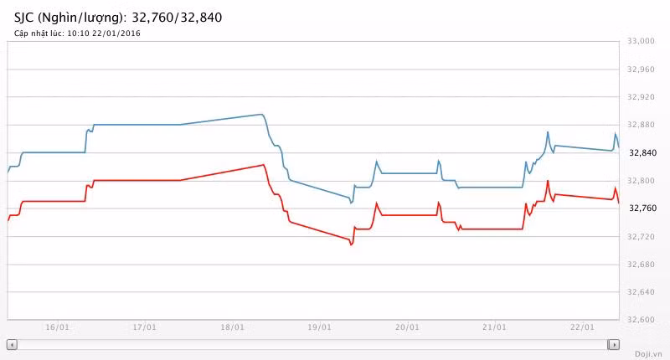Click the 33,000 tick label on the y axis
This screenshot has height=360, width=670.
point(641,42)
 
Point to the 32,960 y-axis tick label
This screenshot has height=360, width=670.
point(641,69)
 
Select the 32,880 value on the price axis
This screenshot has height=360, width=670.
point(641,126)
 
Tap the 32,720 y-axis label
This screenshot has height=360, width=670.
point(641,237)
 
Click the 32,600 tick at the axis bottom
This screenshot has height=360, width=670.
point(641,320)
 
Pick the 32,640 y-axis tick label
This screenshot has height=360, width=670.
point(641,292)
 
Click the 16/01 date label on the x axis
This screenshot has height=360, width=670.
point(57,327)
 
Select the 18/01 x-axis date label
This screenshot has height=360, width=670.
point(232,327)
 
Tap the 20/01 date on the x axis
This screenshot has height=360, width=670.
point(407,327)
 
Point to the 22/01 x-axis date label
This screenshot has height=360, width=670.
point(582,327)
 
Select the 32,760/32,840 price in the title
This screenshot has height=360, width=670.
point(178,17)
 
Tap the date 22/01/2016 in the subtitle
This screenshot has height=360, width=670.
point(117,33)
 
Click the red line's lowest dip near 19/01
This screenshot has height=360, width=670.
point(351,244)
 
